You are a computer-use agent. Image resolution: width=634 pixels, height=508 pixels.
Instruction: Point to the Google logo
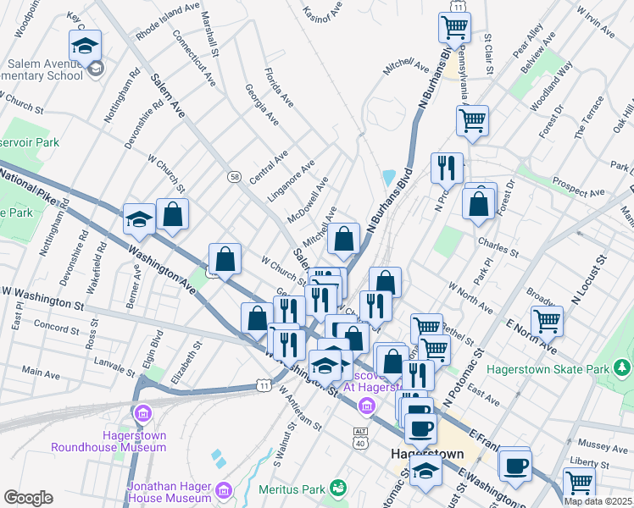28,498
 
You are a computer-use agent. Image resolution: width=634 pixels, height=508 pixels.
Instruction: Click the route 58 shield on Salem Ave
234,176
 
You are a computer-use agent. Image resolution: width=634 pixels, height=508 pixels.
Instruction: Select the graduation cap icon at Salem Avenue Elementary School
84,45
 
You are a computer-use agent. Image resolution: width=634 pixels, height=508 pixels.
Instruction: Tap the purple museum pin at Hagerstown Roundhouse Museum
143,413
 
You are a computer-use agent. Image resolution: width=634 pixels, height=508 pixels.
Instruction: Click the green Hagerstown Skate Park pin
623,368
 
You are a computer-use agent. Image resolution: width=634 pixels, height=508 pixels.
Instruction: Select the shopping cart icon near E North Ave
547,321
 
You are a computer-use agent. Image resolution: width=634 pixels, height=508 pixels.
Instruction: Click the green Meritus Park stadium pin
337,489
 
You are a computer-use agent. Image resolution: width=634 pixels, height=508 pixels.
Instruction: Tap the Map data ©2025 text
598,500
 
